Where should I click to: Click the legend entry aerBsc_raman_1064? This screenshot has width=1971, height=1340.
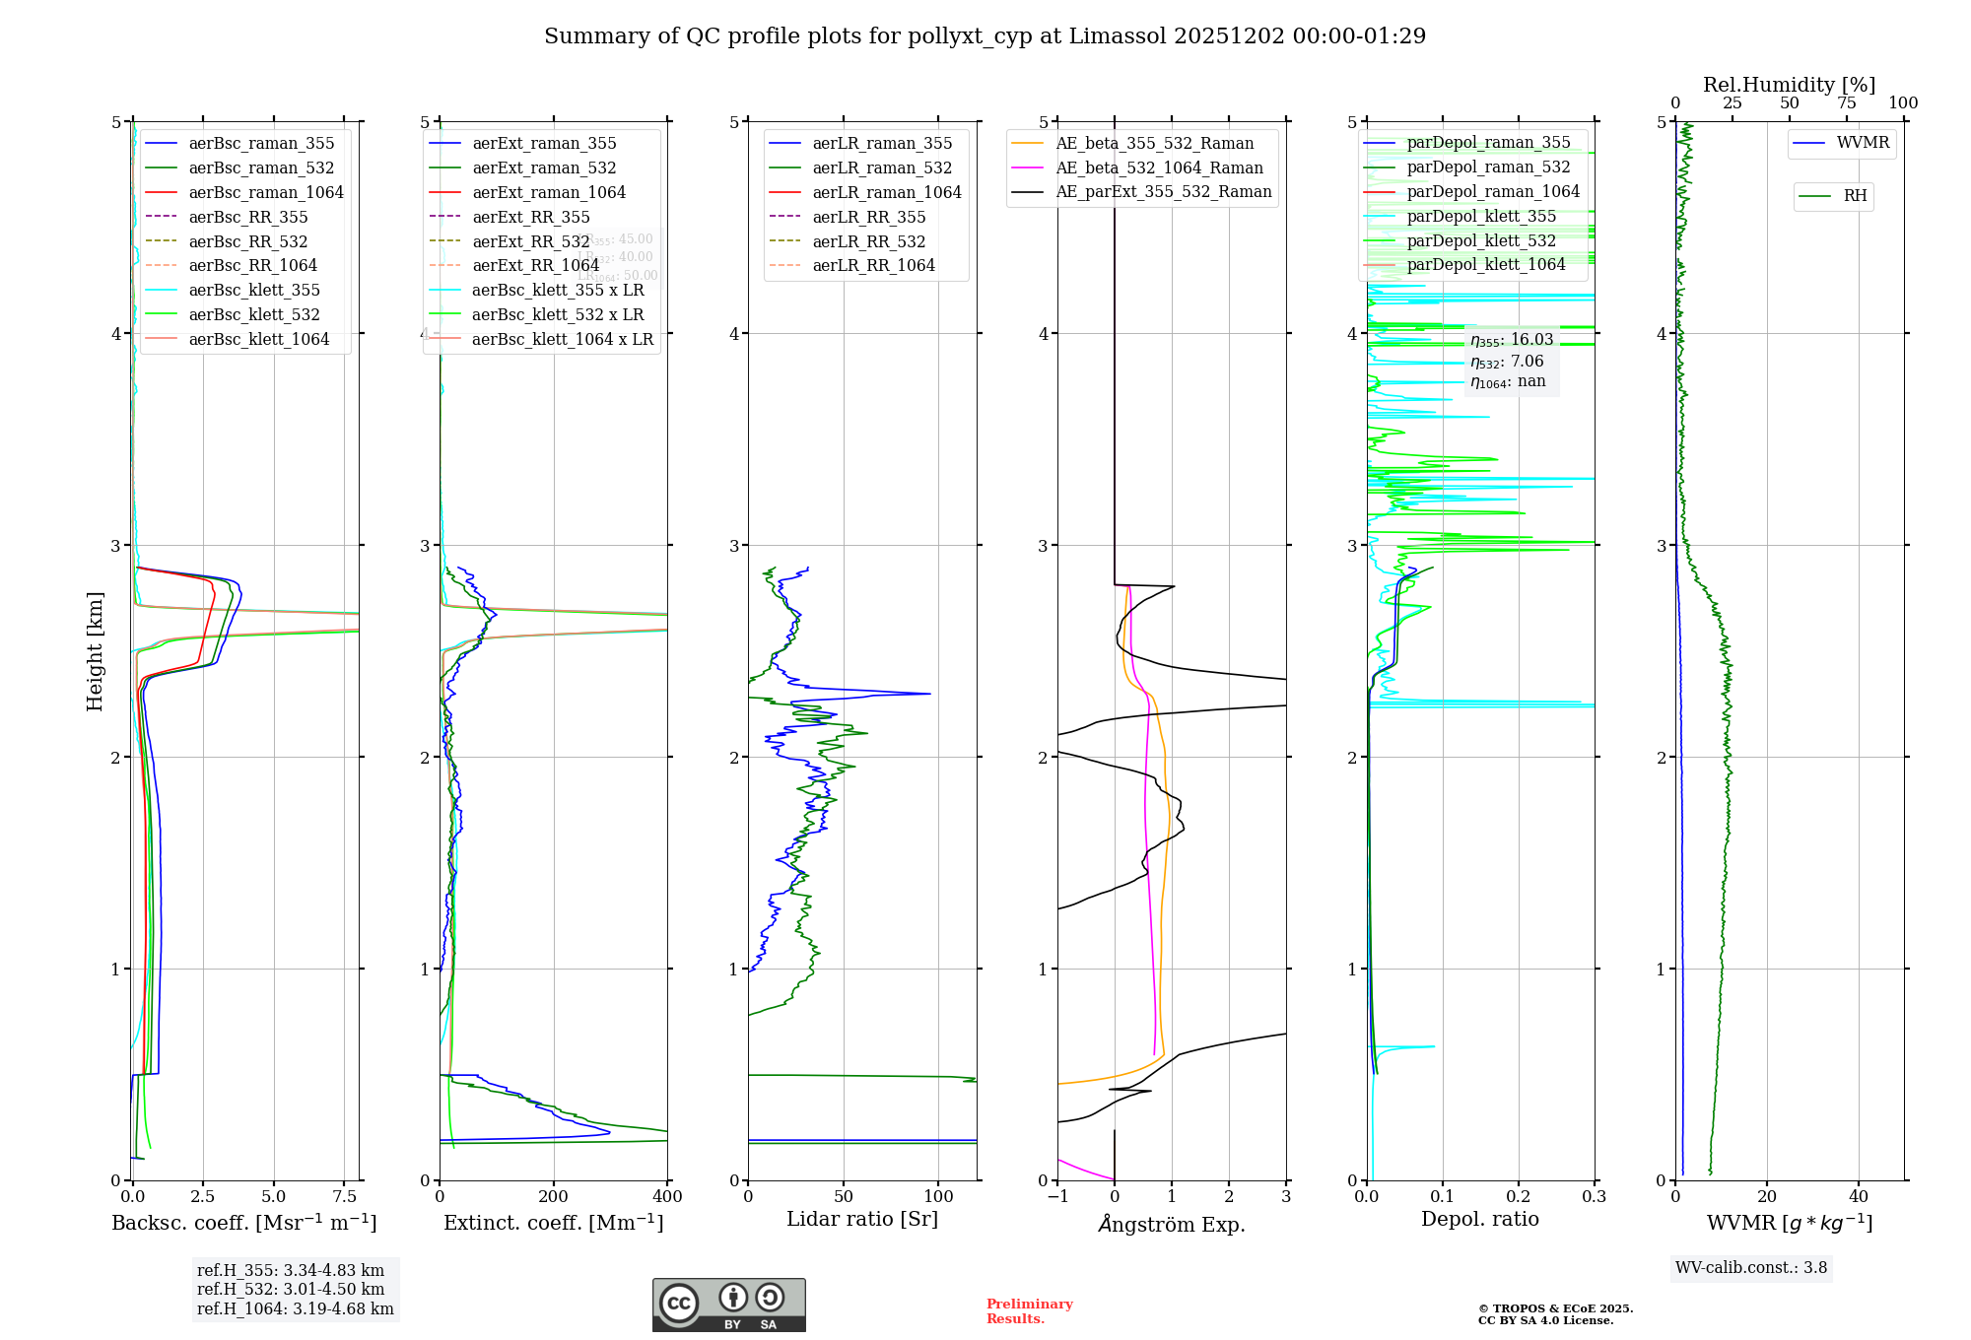tap(266, 193)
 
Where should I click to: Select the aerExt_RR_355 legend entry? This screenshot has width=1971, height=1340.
tap(530, 218)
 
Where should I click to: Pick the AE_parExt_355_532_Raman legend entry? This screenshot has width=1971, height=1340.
tap(1163, 192)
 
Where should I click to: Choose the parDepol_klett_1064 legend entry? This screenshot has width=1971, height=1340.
tap(1485, 265)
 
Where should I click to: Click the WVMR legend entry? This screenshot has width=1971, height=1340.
tap(1863, 143)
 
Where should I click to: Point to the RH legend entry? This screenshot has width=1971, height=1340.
tap(1855, 196)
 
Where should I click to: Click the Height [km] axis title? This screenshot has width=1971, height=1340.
tap(95, 651)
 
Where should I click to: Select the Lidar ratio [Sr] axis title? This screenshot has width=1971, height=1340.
tap(862, 1220)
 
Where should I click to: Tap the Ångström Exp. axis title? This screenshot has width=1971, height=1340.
tap(1171, 1225)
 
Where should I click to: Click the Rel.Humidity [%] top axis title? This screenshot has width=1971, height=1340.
tap(1789, 85)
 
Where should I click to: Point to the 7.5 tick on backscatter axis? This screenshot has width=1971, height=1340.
tap(345, 1197)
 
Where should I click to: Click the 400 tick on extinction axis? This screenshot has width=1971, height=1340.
tap(667, 1197)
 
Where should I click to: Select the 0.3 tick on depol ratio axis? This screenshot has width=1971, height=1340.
tap(1594, 1197)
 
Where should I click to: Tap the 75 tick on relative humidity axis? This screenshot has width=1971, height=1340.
tap(1846, 103)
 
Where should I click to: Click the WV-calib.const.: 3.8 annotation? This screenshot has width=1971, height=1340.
tap(1750, 1268)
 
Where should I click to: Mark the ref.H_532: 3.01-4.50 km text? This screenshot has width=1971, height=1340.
tap(291, 1290)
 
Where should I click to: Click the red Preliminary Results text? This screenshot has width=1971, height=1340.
tap(1029, 1311)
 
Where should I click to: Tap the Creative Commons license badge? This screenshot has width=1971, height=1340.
tap(728, 1305)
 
